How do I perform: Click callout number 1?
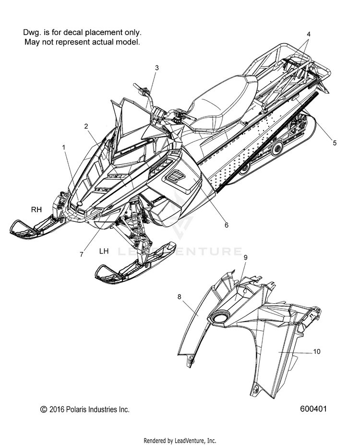click(64, 148)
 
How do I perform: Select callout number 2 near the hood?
click(86, 126)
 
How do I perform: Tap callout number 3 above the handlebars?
click(156, 68)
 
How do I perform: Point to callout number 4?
click(309, 34)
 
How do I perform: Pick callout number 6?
click(226, 224)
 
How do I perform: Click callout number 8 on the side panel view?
click(180, 297)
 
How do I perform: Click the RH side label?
click(37, 209)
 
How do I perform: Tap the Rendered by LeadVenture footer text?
click(180, 440)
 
